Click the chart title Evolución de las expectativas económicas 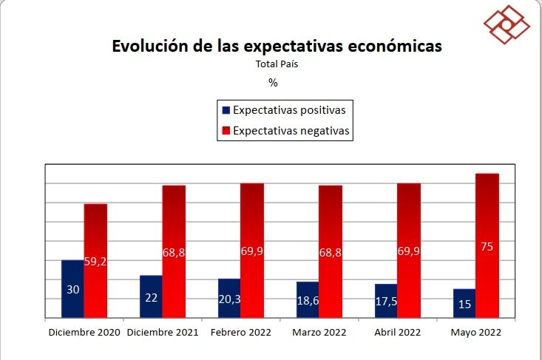coord(277,46)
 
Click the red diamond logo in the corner coord(507,24)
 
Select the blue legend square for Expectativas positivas coord(226,110)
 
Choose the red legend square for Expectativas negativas coord(226,132)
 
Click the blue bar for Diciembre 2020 coord(72,289)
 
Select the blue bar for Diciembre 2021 coord(151,296)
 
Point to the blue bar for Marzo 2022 coord(308,299)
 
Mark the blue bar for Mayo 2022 coord(464,303)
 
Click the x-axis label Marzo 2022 coord(319,333)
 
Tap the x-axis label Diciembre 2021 coord(163,333)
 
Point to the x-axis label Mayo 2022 coord(476,333)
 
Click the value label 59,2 coord(96,262)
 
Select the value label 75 coord(487,247)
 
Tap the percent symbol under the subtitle coord(273,83)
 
